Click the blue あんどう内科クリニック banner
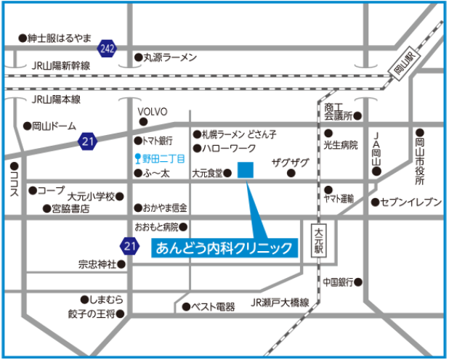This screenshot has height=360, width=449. click(x=224, y=247)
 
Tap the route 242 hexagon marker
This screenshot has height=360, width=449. click(x=107, y=49)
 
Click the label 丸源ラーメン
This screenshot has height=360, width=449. click(x=170, y=57)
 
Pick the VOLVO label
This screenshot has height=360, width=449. click(x=153, y=111)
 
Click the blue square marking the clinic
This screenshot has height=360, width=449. click(x=246, y=171)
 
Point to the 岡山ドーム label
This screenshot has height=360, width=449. click(x=54, y=126)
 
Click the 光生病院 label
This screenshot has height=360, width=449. click(x=341, y=144)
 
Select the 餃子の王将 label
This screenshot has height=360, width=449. click(x=86, y=314)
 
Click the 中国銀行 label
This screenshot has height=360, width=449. click(x=339, y=282)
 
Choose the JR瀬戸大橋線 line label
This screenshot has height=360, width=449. click(x=280, y=302)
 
